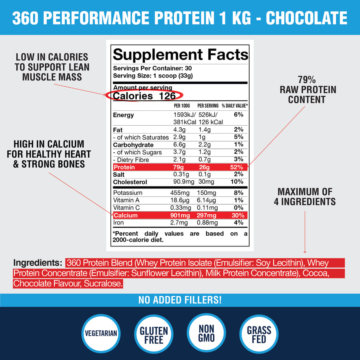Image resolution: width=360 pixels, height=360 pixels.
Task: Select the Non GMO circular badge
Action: (206, 332)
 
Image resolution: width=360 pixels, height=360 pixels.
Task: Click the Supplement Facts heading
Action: (180, 54)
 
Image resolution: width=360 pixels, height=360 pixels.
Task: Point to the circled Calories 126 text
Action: (144, 96)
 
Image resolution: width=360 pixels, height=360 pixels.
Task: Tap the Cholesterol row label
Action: (130, 182)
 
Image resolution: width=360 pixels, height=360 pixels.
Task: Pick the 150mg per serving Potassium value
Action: (206, 193)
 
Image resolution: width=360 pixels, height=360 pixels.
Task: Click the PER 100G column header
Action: (182, 106)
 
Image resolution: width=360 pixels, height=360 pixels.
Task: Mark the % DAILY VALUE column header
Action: (235, 106)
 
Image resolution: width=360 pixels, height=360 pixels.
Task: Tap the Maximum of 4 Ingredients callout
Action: (305, 196)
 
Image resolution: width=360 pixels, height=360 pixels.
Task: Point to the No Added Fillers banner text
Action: (180, 300)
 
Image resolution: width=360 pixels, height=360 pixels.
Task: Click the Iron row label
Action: (119, 223)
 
